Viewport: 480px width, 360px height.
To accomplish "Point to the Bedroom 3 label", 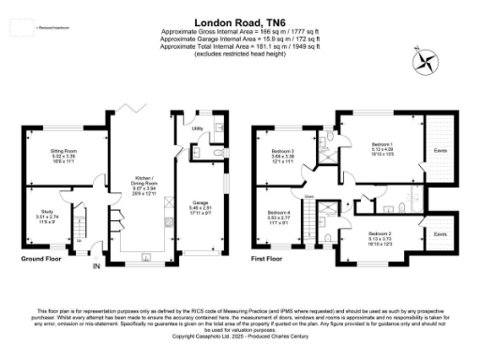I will (283, 151).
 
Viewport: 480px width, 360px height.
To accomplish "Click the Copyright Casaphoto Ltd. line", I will (240, 335).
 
